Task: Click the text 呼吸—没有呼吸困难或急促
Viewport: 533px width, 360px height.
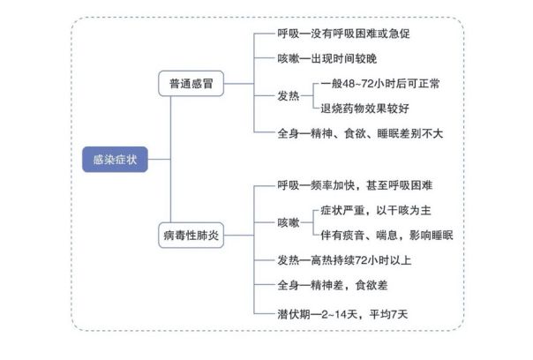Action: pos(343,34)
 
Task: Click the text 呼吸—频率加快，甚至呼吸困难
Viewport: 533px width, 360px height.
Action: pos(355,185)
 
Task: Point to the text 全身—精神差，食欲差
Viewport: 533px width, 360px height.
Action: pos(331,286)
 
